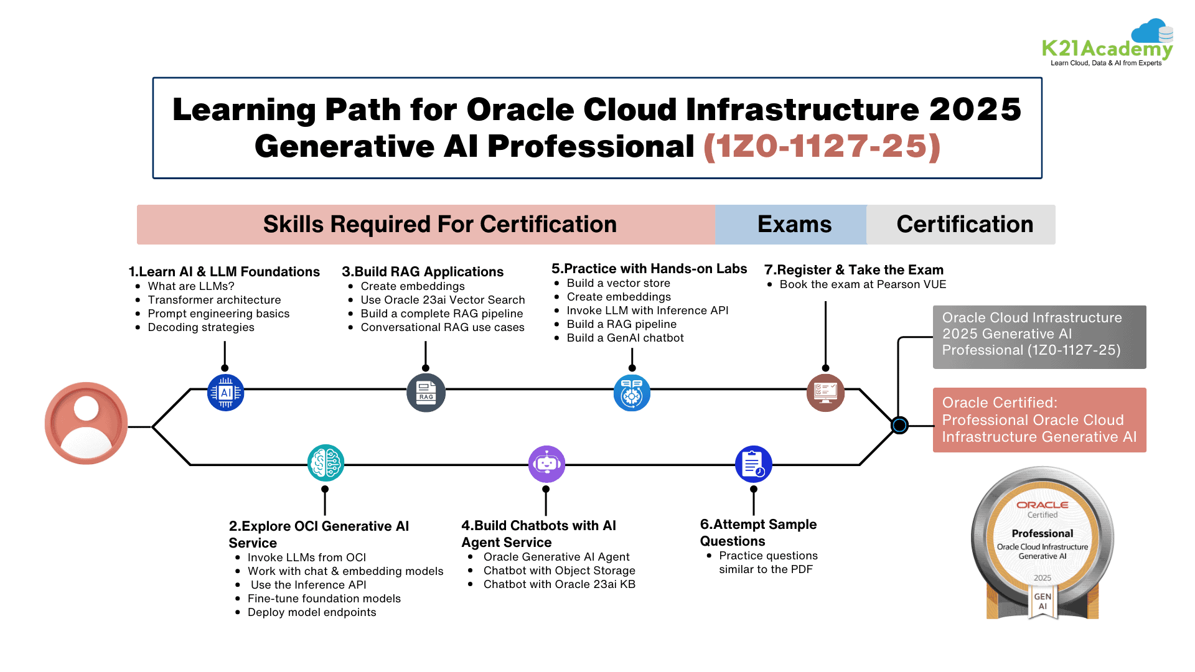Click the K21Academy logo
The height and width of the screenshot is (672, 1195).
coord(1107,45)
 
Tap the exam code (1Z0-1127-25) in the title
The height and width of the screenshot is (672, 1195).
coord(822,147)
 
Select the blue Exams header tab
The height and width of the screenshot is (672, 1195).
coord(794,225)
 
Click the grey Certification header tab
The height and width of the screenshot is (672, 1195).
coord(964,225)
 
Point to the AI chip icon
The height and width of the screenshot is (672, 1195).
coord(225,393)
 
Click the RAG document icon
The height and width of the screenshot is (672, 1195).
coord(426,393)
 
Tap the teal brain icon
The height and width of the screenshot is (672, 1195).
coord(326,463)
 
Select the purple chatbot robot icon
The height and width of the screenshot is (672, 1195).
coord(546,464)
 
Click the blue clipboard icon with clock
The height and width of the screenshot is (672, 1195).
coord(753,464)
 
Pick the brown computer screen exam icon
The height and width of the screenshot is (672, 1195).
coord(825,393)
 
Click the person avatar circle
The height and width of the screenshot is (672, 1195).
coord(87,423)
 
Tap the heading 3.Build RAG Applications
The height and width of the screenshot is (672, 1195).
coord(423,272)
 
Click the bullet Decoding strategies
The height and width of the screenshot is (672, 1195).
coord(201,327)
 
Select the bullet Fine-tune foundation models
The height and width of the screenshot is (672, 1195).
coord(324,599)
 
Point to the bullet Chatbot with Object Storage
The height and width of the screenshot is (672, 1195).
coord(559,571)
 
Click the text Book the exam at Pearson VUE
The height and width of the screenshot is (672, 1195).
coord(863,284)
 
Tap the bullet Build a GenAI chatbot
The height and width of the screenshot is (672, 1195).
coord(625,338)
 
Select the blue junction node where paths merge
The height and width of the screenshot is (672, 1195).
coord(899,426)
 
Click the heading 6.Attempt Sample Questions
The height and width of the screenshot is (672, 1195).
coord(758,533)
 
